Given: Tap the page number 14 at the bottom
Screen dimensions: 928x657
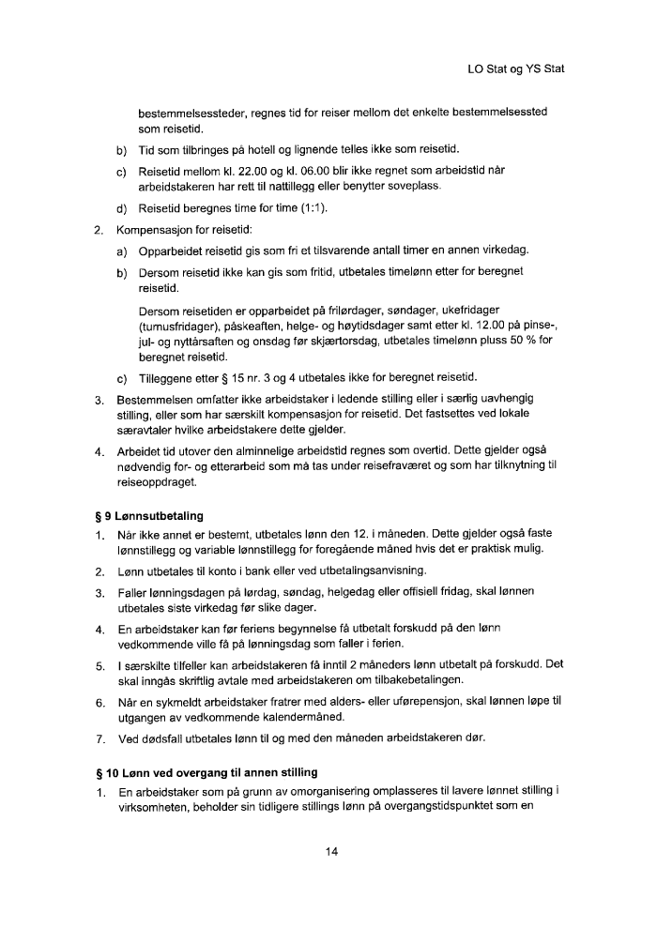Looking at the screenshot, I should click(328, 852).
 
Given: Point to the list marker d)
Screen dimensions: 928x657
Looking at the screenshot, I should click(121, 208).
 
